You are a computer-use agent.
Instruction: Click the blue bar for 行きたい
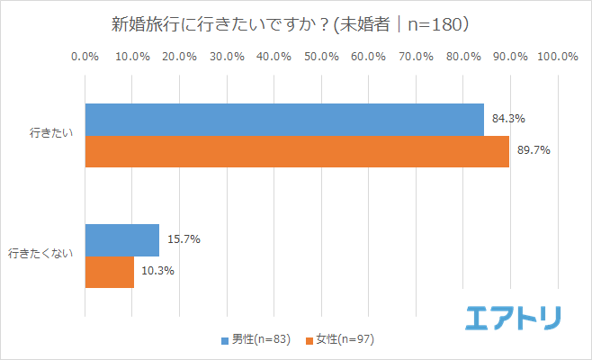point(283,120)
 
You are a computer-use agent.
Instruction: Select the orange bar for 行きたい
point(297,151)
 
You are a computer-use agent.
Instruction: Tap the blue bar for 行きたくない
point(121,240)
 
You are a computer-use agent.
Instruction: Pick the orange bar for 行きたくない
point(109,272)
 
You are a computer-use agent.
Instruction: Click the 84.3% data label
point(508,118)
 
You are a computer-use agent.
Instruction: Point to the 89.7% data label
point(533,150)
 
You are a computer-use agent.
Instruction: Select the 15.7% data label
point(183,239)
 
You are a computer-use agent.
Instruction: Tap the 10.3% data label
point(157,271)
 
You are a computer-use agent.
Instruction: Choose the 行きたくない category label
point(42,256)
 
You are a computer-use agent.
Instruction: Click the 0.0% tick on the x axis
point(85,57)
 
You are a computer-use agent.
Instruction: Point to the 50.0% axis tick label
point(321,57)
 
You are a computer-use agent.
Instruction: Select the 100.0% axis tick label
point(557,57)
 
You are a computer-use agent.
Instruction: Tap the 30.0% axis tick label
point(227,57)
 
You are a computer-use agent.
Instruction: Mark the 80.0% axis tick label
point(463,57)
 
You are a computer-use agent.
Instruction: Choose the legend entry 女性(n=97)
point(345,339)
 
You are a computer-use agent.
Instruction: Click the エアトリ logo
point(514,318)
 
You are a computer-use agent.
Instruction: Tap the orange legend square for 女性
point(309,340)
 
